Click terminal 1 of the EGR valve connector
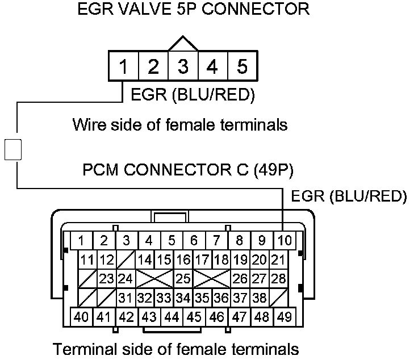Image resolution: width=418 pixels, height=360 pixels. tap(123, 66)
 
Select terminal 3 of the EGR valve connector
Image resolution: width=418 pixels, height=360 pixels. tap(183, 66)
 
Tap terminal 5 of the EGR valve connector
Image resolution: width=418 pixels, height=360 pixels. tap(242, 66)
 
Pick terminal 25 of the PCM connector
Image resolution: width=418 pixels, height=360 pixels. tap(183, 279)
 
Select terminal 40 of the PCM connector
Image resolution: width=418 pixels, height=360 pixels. tap(81, 316)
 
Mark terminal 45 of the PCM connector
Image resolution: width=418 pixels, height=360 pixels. tap(194, 316)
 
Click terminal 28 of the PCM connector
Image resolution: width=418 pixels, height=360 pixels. tap(278, 279)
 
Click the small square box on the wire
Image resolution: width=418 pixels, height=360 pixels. tap(13, 149)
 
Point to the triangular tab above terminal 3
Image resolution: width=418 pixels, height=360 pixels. tap(182, 44)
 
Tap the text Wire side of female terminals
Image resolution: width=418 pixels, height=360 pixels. tap(180, 124)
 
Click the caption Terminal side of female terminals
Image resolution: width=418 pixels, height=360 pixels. tap(175, 348)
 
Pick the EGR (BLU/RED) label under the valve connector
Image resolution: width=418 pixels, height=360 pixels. tap(193, 94)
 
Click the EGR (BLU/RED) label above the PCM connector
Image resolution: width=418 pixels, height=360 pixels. tap(349, 196)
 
